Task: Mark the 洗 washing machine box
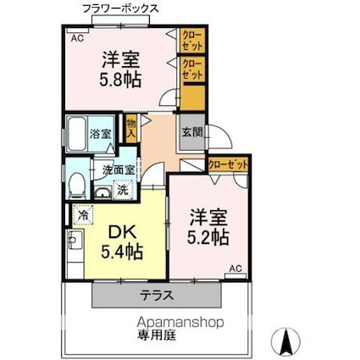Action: (x=122, y=189)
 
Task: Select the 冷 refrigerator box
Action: (x=83, y=215)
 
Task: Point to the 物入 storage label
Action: (x=130, y=129)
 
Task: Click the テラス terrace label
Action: (x=157, y=296)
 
